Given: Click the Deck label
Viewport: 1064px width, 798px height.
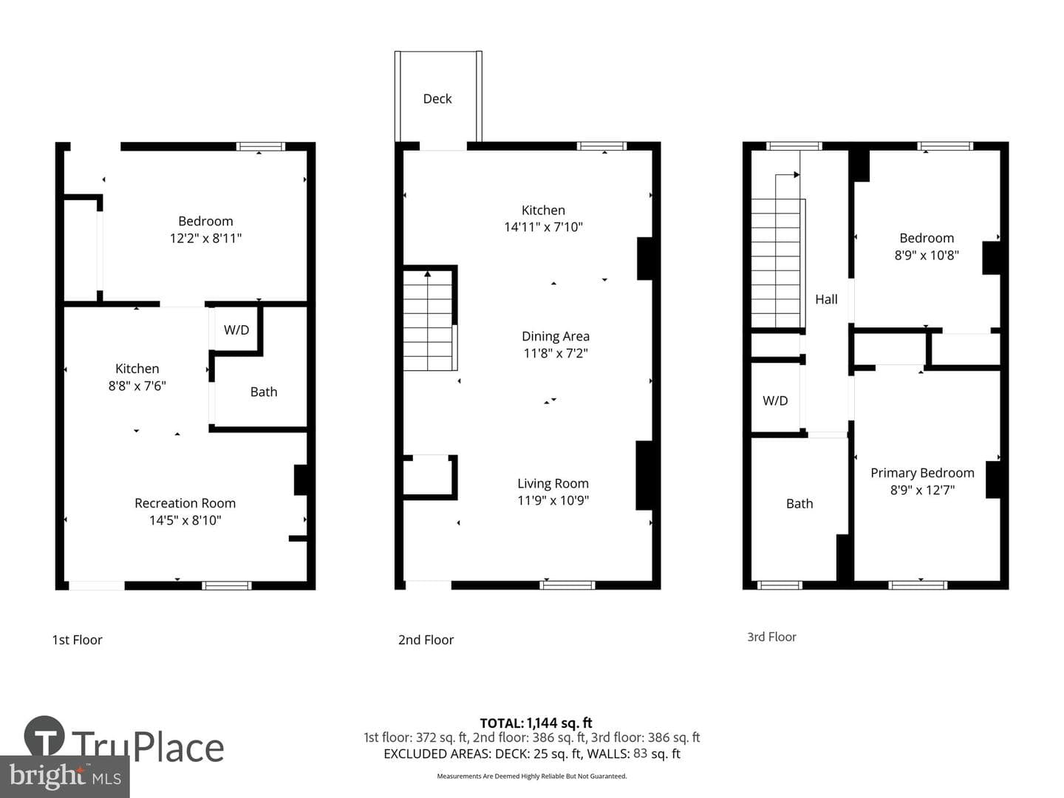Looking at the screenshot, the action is coord(437,99).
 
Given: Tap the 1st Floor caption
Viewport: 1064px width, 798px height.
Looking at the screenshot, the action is coord(77,640).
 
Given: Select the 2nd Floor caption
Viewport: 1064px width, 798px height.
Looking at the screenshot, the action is coord(426,640).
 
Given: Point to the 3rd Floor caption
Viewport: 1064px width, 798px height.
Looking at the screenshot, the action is coord(771,637).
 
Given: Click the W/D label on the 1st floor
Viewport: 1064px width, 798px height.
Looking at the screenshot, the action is coord(236,330).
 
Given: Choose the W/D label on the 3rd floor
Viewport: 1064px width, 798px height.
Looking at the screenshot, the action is coord(775,400).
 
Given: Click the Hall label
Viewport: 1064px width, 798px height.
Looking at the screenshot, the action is coord(826,299).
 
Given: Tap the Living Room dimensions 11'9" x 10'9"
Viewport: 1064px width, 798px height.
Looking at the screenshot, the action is coord(553,500).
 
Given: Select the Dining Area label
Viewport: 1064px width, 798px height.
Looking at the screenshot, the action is coord(556,336).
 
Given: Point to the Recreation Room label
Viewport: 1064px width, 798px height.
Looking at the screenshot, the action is coord(185,503).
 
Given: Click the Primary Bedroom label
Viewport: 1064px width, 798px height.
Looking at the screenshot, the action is coord(922,473).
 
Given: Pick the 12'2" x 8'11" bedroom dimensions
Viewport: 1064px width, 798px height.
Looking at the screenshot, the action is coord(205,239).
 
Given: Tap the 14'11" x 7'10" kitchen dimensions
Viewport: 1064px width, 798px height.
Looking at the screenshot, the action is coord(543,227).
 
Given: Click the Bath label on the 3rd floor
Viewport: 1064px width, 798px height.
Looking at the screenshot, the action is coord(799,504).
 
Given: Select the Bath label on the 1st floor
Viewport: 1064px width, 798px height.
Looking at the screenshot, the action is coord(264,392).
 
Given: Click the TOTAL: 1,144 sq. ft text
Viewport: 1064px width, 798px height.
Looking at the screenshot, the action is coord(536,723).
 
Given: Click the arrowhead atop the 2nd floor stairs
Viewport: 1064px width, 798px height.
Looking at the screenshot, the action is coord(428,274).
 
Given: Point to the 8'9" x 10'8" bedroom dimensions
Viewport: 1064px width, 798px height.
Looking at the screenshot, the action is coord(927,256).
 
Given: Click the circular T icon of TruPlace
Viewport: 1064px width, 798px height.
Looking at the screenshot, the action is coord(44,735).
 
